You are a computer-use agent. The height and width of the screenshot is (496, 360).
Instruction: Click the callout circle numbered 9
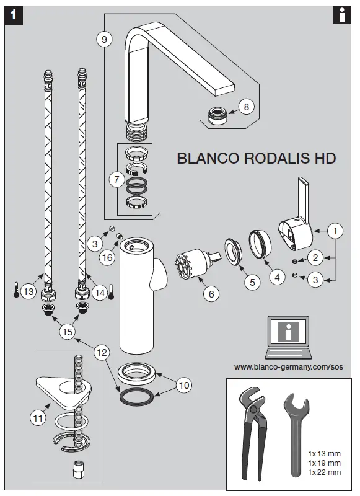(x=104, y=39)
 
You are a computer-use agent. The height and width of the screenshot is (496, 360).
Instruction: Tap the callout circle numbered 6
(x=210, y=294)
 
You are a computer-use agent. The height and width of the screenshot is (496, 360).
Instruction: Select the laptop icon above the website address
(x=286, y=338)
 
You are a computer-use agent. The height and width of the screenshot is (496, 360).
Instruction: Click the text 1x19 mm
(x=324, y=463)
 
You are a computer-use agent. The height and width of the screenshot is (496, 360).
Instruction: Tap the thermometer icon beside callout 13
(x=16, y=291)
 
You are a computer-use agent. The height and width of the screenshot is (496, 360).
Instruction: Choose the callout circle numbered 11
(x=38, y=418)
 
